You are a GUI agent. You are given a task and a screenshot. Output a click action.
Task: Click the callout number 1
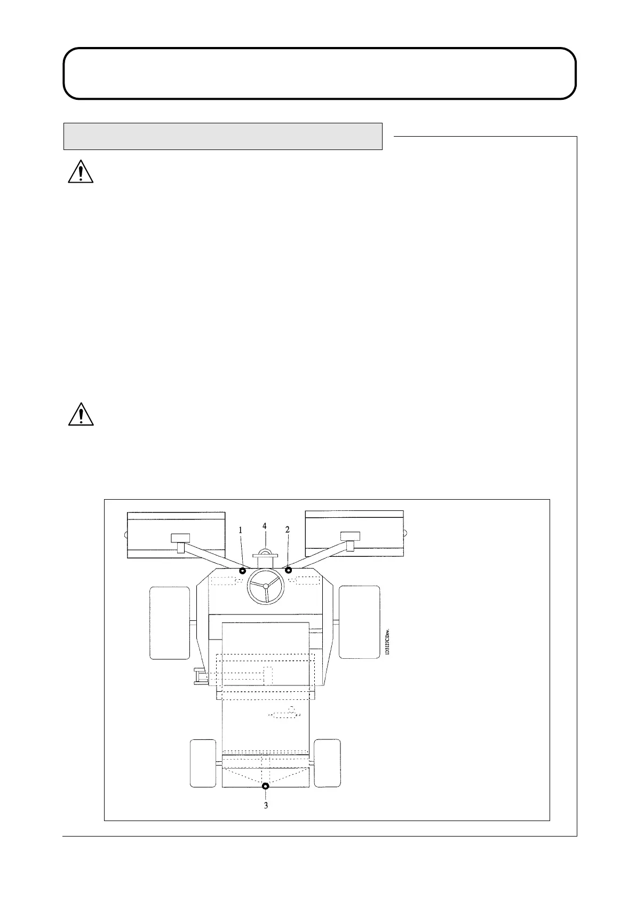(241, 530)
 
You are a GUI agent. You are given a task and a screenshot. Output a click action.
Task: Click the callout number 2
(288, 530)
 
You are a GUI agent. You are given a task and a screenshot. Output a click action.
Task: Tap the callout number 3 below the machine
(266, 805)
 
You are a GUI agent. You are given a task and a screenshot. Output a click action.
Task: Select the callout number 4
(265, 525)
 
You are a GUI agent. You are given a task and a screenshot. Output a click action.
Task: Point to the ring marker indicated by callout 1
(243, 571)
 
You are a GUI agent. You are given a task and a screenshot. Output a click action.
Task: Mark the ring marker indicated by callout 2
(289, 571)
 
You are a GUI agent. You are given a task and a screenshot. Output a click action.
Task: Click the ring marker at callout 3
(266, 785)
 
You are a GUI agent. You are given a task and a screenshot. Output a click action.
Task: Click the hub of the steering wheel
(266, 586)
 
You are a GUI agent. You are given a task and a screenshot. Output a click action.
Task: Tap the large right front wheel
(360, 622)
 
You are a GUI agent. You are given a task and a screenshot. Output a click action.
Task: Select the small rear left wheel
(203, 763)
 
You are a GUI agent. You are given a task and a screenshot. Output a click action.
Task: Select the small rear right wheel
(327, 763)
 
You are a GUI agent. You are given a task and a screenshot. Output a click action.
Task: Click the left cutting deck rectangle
(176, 534)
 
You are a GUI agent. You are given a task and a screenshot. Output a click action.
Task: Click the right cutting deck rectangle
(354, 533)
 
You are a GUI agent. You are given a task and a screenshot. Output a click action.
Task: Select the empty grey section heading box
(223, 136)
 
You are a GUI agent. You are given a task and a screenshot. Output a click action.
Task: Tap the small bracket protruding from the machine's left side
(200, 677)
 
